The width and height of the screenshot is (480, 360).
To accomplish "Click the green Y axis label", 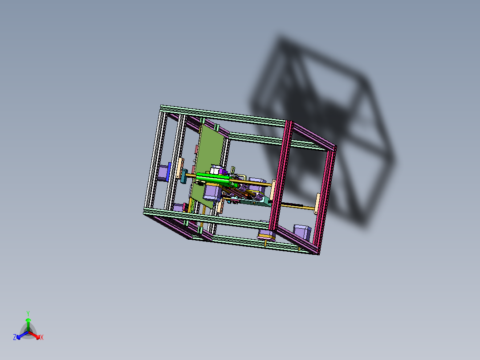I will point(28,313).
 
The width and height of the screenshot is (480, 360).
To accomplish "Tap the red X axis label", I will point(42,338).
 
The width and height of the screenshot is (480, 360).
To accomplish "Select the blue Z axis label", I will point(15,338).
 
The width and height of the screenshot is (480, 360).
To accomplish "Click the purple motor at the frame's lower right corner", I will point(301,232).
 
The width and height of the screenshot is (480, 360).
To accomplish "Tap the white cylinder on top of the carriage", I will point(217,169).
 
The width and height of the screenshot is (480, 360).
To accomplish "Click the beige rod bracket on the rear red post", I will point(317,204).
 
